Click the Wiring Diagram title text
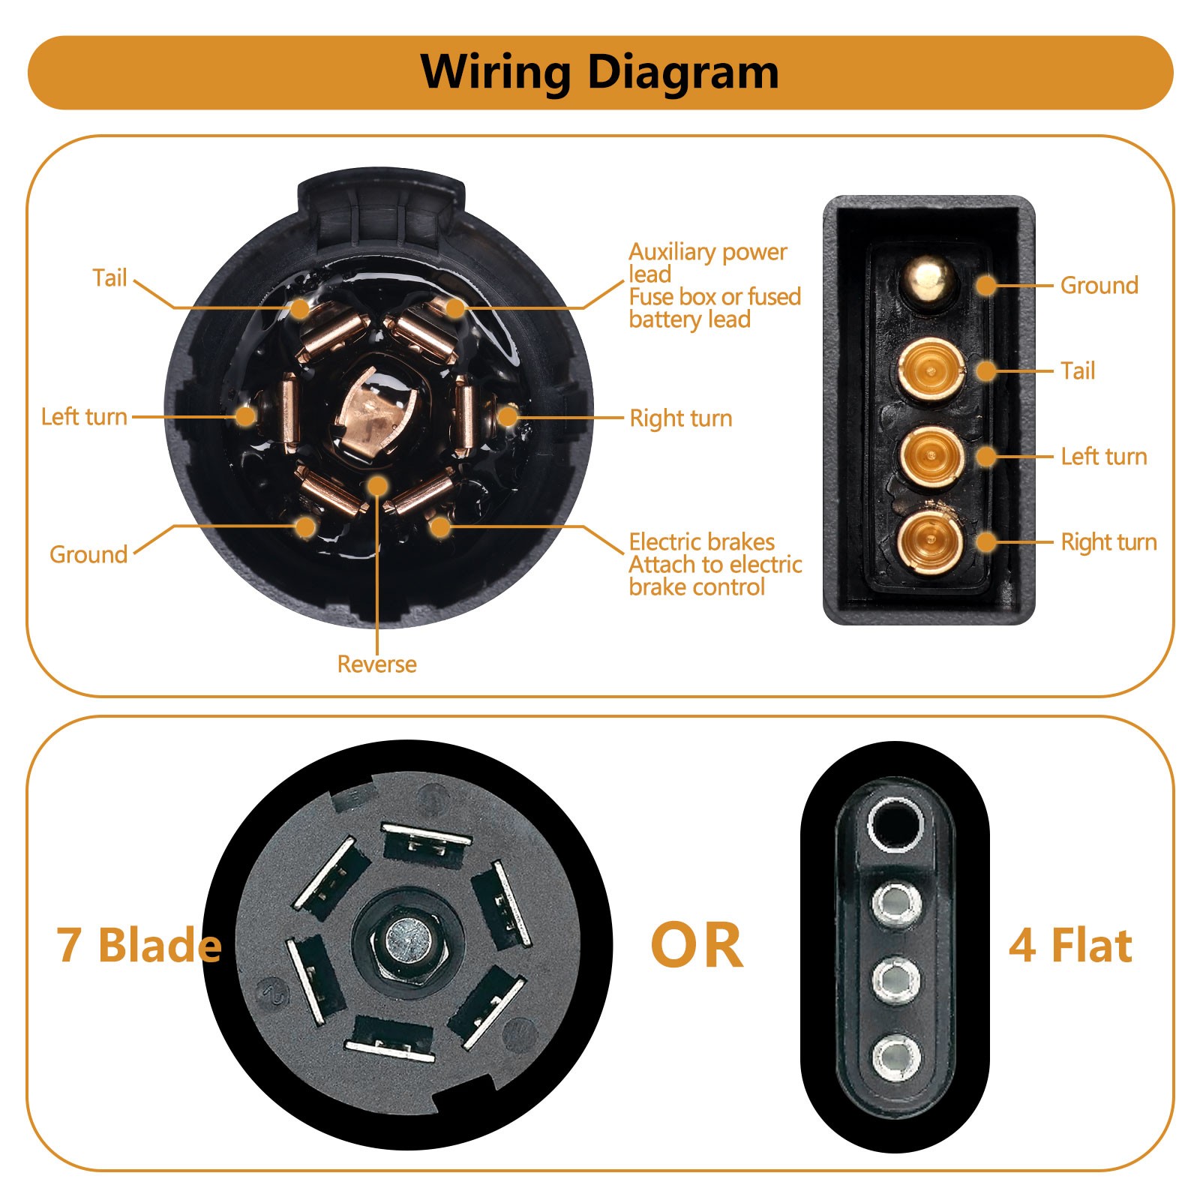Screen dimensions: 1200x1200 coord(599,73)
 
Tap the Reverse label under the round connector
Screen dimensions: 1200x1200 coord(376,664)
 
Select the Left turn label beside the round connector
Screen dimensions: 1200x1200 coord(84,417)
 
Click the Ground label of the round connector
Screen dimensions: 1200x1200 coord(88,555)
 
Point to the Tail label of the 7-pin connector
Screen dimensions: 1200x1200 coord(109,278)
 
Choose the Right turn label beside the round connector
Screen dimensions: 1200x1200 coord(681,418)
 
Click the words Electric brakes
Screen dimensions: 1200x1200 coord(701,542)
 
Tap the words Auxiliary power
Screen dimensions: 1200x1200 coord(707,252)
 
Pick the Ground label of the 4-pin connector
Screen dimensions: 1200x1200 coord(1099,286)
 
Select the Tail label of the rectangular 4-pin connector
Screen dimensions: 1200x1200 coord(1078,371)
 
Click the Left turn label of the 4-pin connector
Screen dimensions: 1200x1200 coord(1104,457)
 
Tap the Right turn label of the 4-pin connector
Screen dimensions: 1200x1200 coord(1108,542)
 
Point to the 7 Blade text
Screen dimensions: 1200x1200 coord(139,945)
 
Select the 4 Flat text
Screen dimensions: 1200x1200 coord(1070,945)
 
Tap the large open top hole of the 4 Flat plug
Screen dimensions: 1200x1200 coord(895,823)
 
